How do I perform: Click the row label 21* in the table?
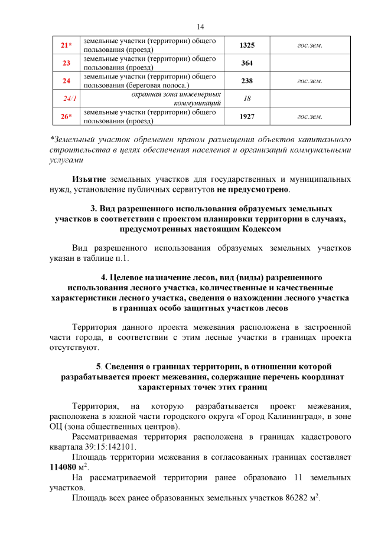tap(67, 45)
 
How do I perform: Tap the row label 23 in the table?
tap(66, 63)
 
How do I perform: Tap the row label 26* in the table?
tap(67, 116)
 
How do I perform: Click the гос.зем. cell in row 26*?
tap(309, 116)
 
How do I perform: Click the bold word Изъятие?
tap(89, 179)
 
